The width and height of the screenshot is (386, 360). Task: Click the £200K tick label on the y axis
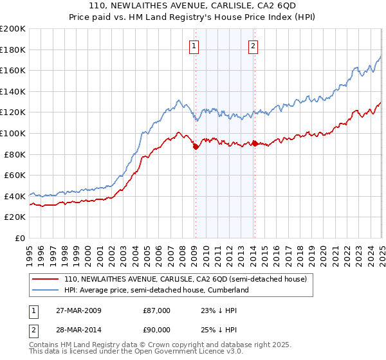pos(13,29)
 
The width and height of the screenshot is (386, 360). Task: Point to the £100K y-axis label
pos(13,133)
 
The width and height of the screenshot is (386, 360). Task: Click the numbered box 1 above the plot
pos(194,46)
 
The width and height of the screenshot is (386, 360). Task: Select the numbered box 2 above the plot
pos(253,46)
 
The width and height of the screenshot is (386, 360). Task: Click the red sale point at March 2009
pos(196,147)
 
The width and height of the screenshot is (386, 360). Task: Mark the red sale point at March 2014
pos(254,143)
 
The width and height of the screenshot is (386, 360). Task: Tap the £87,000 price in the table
pos(156,310)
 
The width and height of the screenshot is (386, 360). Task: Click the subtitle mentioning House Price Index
pos(193,18)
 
